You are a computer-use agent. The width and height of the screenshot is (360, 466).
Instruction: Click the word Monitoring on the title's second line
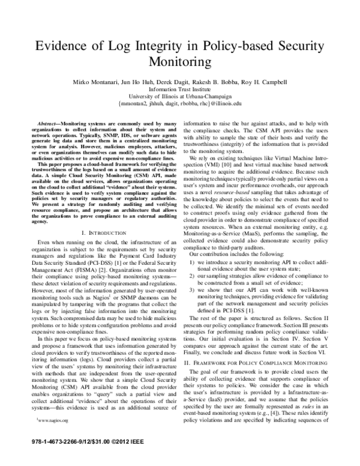(180, 64)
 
